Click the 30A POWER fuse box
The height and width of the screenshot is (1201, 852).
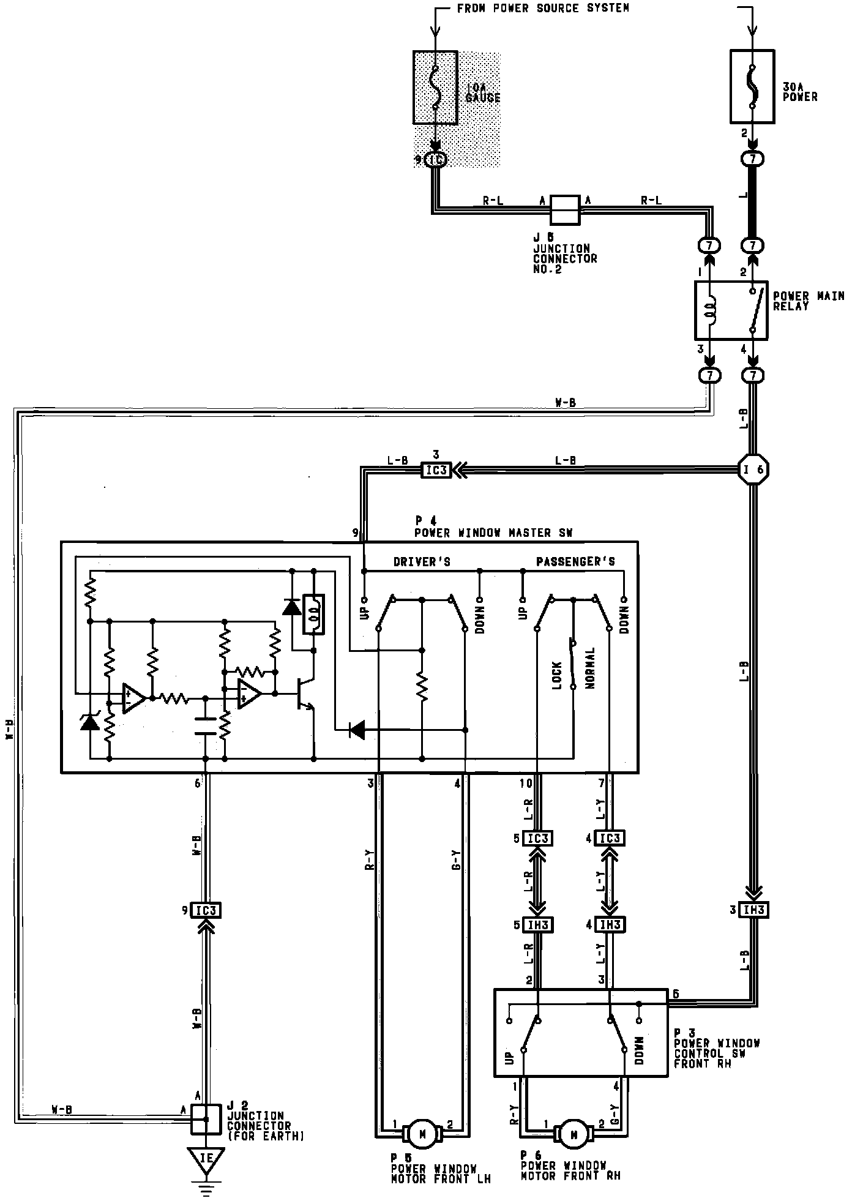click(752, 86)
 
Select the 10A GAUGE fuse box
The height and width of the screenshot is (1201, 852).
click(435, 88)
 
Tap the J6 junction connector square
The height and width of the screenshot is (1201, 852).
click(564, 209)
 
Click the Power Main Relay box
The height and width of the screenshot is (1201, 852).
click(731, 310)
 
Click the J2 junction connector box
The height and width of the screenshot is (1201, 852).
click(206, 1120)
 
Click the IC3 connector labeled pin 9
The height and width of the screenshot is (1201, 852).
click(206, 910)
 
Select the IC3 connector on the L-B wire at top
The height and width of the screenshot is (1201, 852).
click(436, 470)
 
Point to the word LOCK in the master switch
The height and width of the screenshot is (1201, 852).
click(557, 675)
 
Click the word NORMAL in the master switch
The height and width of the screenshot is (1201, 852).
click(591, 668)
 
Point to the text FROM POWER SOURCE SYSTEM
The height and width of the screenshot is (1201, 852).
click(543, 9)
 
